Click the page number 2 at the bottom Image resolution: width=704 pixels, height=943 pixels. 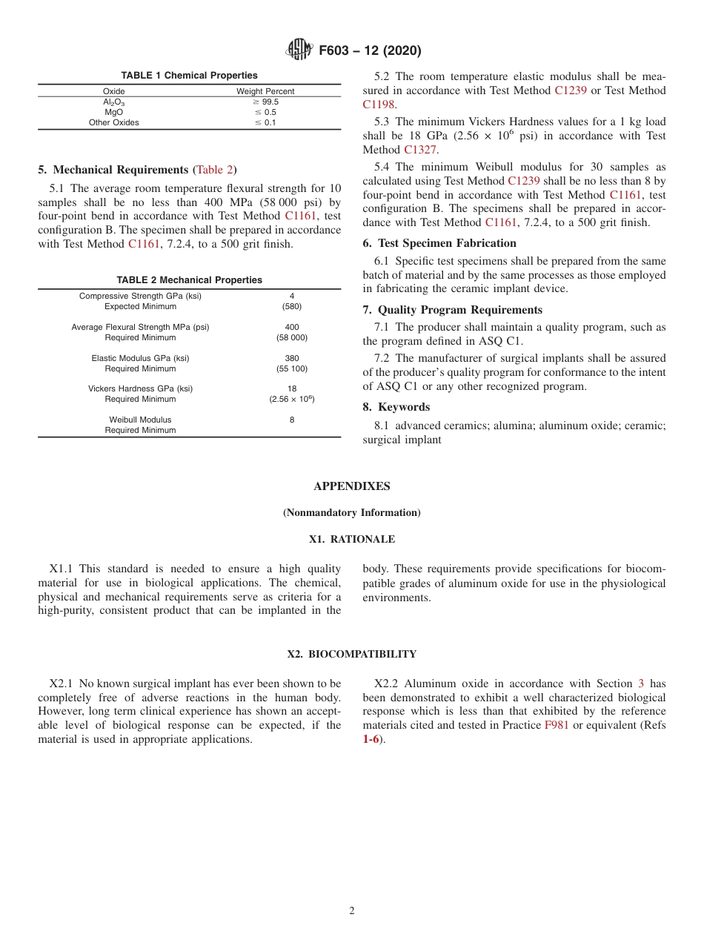pos(352,911)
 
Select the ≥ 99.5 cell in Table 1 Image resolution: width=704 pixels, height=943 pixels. pos(265,102)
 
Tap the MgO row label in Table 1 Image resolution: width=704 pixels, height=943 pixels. pos(113,113)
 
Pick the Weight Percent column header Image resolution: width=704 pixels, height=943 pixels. pos(265,91)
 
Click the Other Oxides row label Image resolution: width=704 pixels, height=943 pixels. pos(113,123)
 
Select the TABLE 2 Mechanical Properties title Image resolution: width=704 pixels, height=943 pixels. pos(189,280)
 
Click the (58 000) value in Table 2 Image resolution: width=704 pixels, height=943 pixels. pos(291,338)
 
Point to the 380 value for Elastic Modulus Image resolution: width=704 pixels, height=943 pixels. pos(291,358)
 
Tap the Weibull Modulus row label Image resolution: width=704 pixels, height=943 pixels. pos(140,420)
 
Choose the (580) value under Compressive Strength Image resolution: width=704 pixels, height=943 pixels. pos(291,306)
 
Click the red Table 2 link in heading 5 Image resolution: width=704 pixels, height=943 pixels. pos(215,170)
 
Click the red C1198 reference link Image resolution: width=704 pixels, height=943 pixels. pos(378,105)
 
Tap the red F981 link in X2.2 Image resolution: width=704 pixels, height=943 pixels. pos(557,725)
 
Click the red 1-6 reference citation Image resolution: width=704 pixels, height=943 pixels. pos(371,739)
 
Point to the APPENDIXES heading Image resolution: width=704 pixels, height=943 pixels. pos(351,486)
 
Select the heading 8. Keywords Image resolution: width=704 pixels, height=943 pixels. pos(396,407)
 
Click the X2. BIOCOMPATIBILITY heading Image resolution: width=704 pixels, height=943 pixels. pos(351,655)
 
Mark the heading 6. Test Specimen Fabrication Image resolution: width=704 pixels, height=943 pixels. pos(439,243)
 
